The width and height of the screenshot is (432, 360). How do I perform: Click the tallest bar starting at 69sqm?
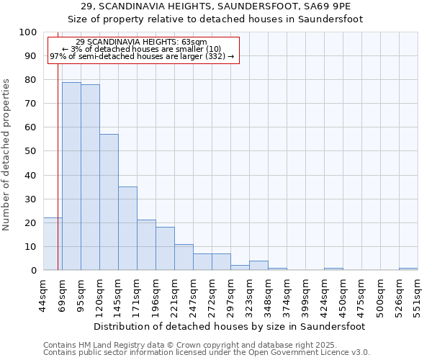[71, 176]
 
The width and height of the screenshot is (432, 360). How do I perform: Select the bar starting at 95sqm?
[90, 177]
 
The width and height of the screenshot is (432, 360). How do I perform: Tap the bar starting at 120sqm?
[109, 202]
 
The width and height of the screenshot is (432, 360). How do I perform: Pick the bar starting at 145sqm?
[127, 228]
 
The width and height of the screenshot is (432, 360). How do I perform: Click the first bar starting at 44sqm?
[53, 244]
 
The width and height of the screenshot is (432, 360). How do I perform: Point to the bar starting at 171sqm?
[146, 245]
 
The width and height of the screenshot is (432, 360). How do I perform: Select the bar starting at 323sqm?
[258, 266]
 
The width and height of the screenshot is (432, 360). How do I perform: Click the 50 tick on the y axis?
[32, 151]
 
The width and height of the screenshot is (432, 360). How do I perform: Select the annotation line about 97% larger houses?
[142, 56]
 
